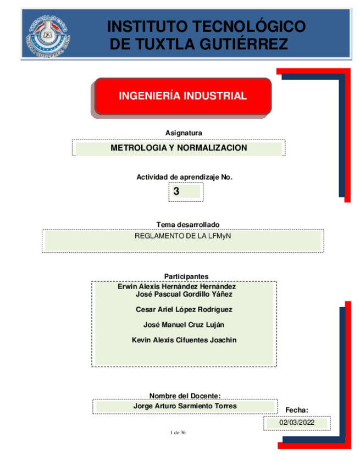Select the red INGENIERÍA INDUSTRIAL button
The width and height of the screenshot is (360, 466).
point(183,96)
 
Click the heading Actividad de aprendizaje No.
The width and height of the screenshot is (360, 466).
point(185,177)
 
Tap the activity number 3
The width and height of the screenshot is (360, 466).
point(176,192)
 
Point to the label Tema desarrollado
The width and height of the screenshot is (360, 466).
point(188,225)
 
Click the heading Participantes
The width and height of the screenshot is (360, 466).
point(186,276)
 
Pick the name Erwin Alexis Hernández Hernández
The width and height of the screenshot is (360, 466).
point(177,286)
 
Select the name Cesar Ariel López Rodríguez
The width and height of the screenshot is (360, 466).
point(184,309)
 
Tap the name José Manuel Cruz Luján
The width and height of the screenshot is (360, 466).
point(184,325)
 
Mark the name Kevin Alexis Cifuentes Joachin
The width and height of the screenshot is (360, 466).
point(184,340)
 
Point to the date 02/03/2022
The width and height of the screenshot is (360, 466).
point(297,423)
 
